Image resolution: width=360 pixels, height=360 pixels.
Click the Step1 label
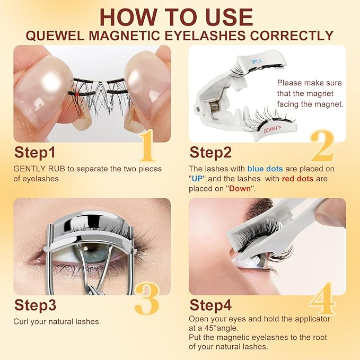point(34,153)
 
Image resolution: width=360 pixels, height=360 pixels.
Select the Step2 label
point(210,153)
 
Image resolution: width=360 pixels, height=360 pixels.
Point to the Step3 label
point(36,305)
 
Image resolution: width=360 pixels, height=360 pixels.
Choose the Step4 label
point(210,305)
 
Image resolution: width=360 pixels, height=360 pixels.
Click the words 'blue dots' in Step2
point(266,169)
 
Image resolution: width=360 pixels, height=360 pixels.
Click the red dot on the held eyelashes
point(78,93)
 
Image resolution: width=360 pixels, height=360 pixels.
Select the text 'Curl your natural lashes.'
point(57,321)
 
